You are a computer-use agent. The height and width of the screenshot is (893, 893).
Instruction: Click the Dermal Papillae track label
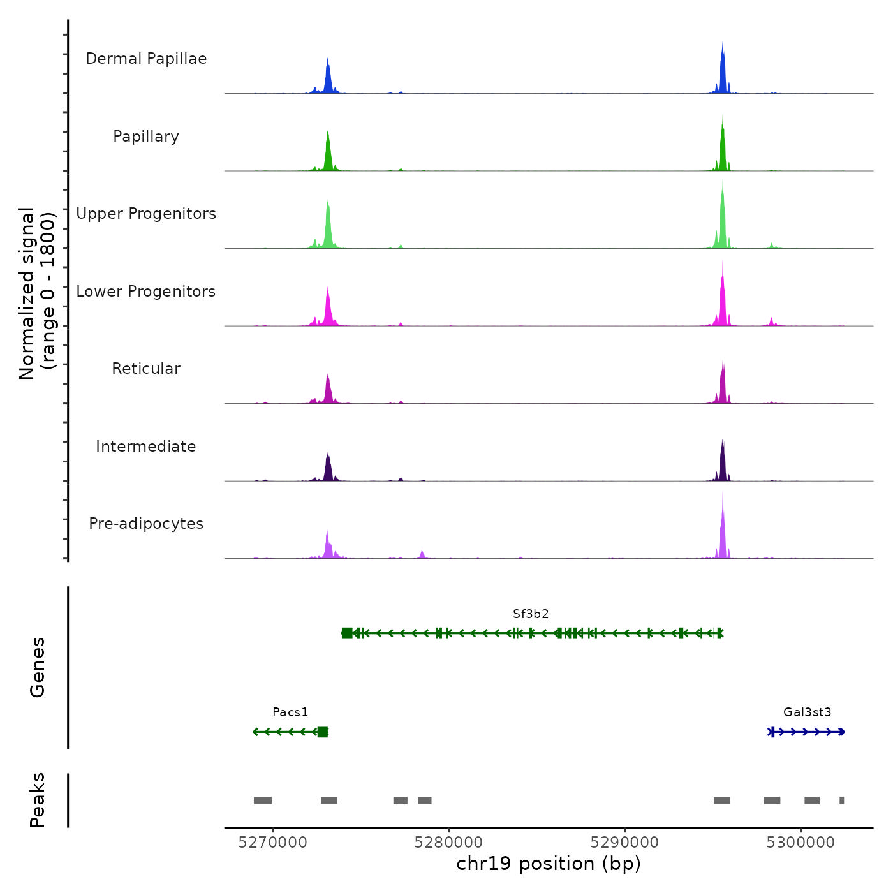146,59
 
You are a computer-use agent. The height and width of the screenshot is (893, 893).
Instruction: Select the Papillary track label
146,137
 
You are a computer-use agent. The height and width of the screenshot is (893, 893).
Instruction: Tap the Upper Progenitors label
146,214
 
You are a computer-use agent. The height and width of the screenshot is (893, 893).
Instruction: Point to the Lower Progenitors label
146,292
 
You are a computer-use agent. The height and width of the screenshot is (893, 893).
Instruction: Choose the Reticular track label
146,369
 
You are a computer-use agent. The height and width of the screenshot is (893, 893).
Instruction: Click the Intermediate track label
146,447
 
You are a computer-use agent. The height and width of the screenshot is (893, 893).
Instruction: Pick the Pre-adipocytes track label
146,524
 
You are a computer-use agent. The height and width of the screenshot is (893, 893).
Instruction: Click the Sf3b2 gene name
531,614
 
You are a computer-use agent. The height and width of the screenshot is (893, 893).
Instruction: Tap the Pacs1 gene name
290,712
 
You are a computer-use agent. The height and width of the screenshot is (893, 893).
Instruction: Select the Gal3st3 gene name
808,712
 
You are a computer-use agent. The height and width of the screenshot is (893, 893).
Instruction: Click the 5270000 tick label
272,843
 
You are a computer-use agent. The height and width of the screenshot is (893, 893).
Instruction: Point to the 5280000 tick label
448,843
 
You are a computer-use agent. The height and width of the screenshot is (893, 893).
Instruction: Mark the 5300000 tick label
801,843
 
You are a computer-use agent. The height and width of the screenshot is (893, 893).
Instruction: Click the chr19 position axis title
549,864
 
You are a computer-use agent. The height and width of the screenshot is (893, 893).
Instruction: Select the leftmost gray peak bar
263,801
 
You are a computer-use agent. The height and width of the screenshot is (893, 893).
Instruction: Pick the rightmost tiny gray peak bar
842,801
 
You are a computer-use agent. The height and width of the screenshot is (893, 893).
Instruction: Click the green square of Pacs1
323,732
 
